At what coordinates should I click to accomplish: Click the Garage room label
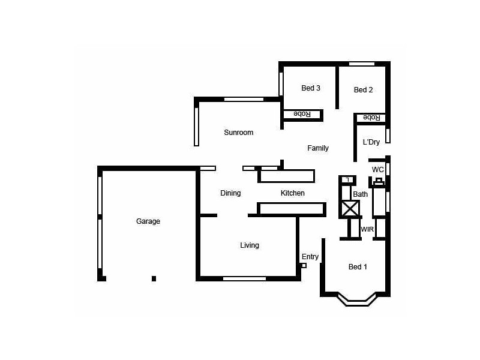point(148,221)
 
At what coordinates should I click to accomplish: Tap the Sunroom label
point(238,133)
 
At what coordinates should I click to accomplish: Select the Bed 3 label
point(310,88)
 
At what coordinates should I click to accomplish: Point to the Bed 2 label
point(363,90)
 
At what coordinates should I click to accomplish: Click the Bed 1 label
point(358,267)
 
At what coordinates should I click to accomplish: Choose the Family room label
point(318,148)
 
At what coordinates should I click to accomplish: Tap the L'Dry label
point(371,142)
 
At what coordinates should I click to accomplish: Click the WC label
point(377,170)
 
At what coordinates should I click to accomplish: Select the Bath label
point(360,194)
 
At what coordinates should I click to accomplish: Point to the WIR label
point(367,229)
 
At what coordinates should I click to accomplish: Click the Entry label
point(310,257)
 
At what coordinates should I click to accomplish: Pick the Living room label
point(250,245)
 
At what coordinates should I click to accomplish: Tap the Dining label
point(230,193)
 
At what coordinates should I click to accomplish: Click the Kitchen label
point(293,193)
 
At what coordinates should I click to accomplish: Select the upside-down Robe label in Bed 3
point(301,114)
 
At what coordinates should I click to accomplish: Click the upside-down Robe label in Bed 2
point(371,118)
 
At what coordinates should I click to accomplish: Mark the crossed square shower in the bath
point(350,209)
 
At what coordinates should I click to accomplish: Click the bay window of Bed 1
point(358,299)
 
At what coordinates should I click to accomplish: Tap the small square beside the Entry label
point(304,265)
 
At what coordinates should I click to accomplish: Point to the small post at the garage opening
point(154,278)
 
